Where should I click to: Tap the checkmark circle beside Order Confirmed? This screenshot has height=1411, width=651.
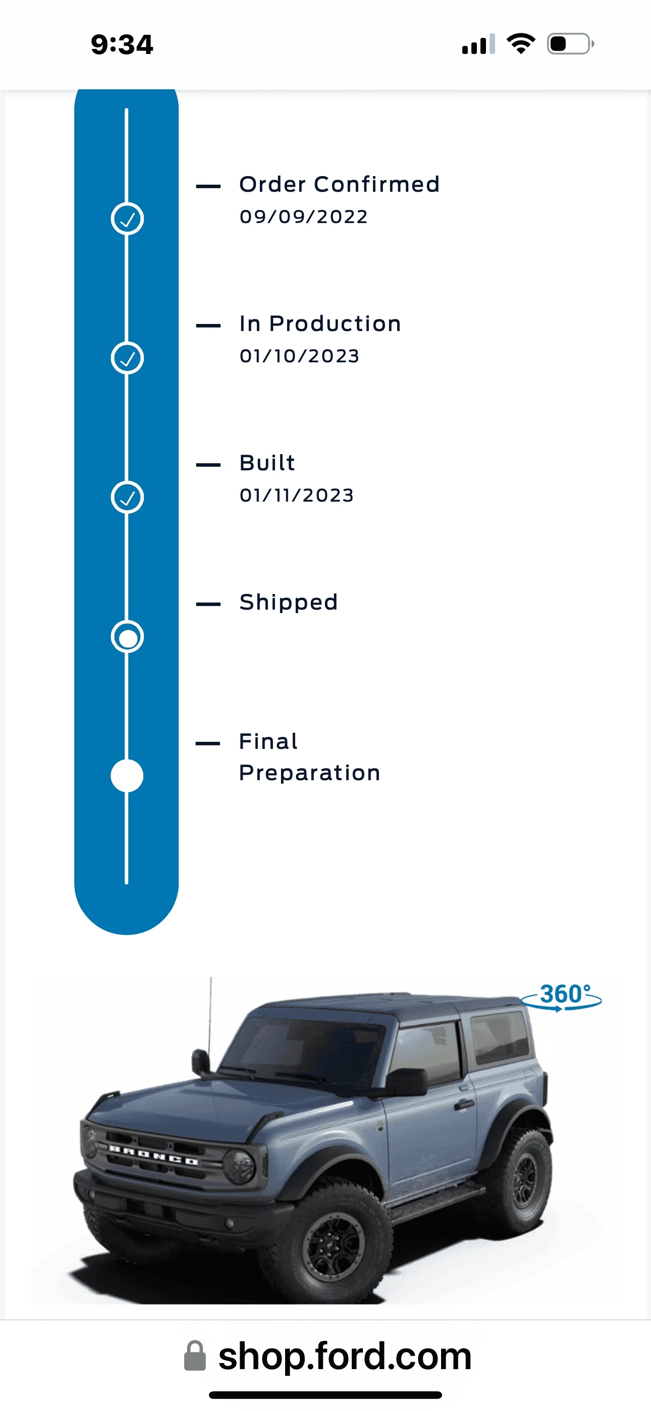click(x=127, y=219)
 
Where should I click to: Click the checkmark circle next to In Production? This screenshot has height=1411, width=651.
click(x=127, y=358)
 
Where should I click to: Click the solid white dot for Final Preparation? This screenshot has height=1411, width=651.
click(x=127, y=776)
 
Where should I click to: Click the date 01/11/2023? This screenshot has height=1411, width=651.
click(x=296, y=495)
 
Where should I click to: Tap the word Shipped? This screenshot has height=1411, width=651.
click(x=288, y=603)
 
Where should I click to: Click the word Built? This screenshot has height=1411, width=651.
click(x=267, y=463)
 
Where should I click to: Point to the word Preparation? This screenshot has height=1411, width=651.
click(x=310, y=773)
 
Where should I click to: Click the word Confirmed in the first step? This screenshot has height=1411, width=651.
click(x=376, y=184)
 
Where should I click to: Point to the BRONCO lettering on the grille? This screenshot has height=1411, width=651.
click(x=153, y=1155)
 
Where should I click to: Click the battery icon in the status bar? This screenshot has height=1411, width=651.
click(x=570, y=44)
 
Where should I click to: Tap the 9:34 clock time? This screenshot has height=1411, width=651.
click(x=122, y=44)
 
